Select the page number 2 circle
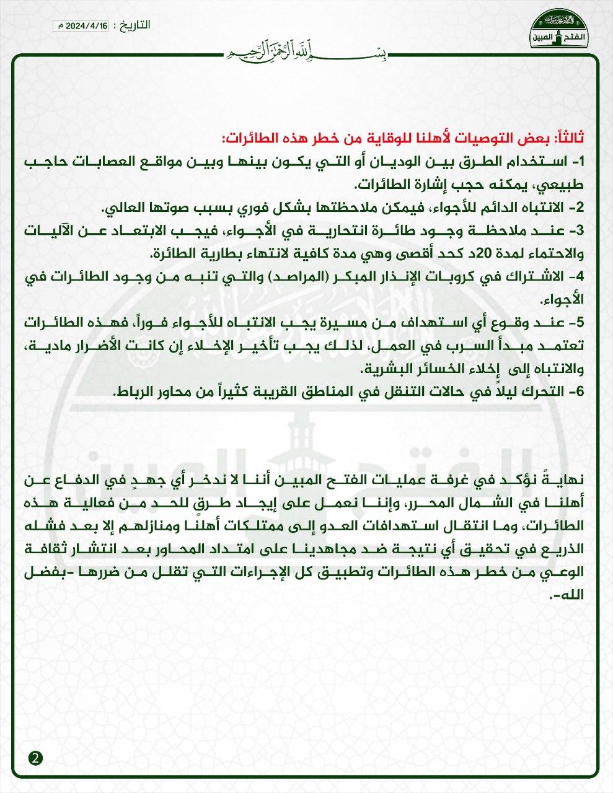(36, 758)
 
